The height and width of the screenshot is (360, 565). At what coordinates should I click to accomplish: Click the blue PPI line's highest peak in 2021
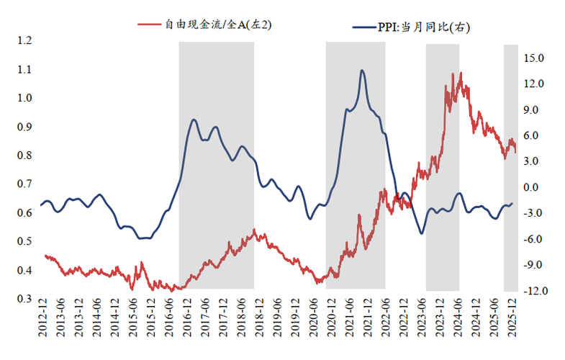361,70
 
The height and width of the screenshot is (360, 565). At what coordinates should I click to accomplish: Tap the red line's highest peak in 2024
461,73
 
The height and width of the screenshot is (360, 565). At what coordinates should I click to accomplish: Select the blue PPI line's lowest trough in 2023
422,233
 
